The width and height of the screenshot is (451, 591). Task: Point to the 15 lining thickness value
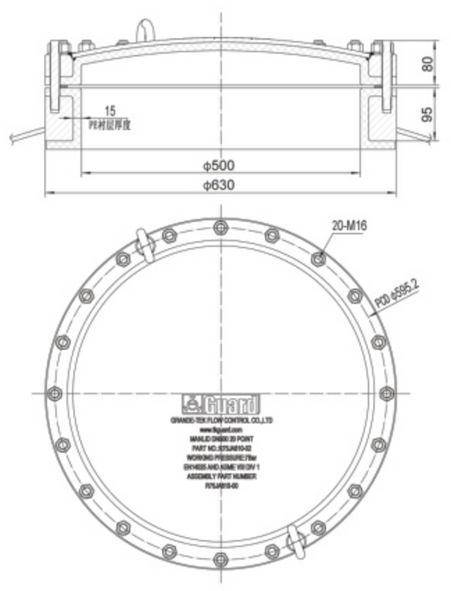pyautogui.click(x=109, y=112)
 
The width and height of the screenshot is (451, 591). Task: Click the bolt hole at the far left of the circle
pyautogui.click(x=55, y=394)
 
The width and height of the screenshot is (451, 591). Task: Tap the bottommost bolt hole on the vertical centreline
pyautogui.click(x=218, y=557)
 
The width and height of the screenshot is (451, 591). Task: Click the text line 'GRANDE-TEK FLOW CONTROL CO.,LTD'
pyautogui.click(x=219, y=423)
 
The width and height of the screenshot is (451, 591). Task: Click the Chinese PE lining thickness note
pyautogui.click(x=109, y=124)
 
